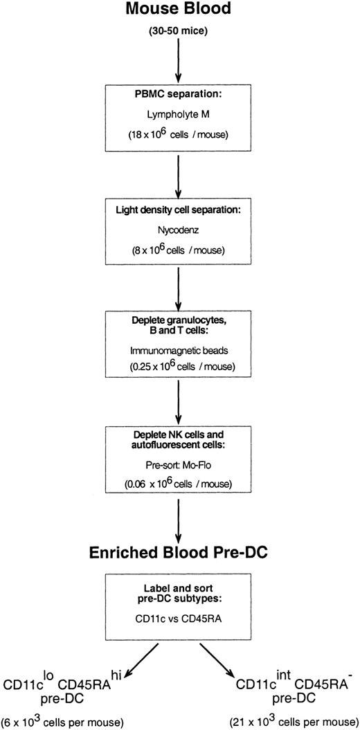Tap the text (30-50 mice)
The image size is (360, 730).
click(x=179, y=34)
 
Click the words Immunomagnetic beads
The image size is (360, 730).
click(x=180, y=341)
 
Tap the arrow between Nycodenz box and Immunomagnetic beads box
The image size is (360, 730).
click(x=179, y=283)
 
